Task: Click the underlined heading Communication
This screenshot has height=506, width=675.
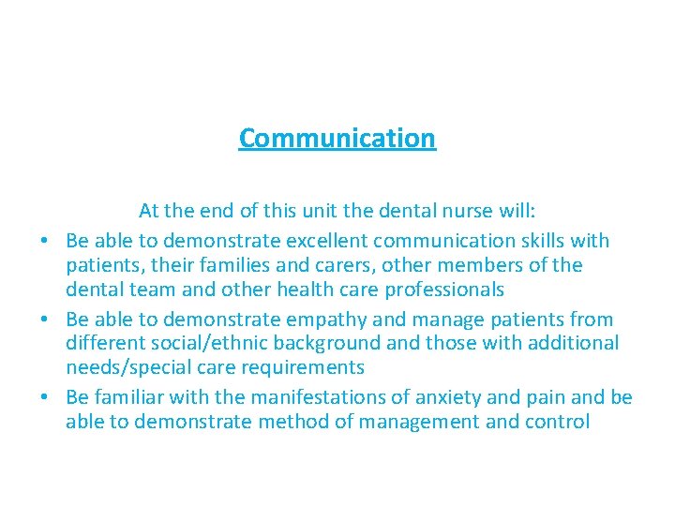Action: [x=337, y=138]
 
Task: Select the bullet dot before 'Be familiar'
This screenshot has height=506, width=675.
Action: [x=44, y=398]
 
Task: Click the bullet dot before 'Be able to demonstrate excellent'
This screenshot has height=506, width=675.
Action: [x=44, y=242]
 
